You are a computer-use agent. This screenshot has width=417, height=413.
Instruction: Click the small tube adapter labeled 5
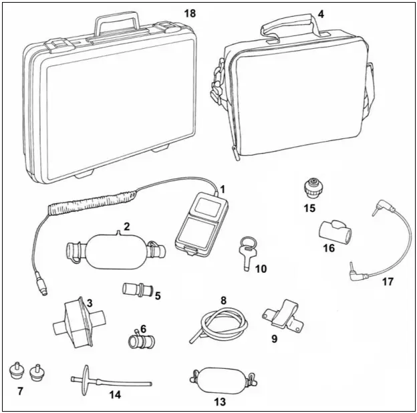pyautogui.click(x=133, y=291)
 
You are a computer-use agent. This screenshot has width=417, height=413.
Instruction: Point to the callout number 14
pyautogui.click(x=115, y=394)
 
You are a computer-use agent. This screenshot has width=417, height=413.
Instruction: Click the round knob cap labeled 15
pyautogui.click(x=311, y=187)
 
